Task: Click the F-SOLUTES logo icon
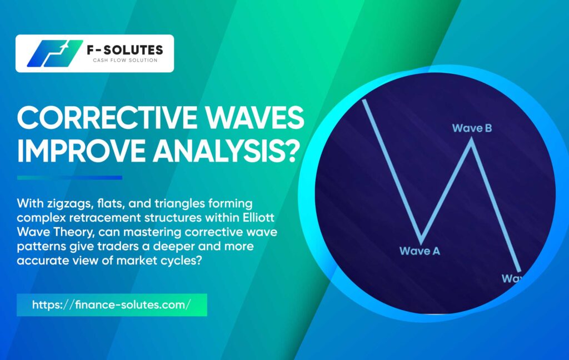point(54,53)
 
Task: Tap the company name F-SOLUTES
point(125,49)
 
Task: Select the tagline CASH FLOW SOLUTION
point(125,60)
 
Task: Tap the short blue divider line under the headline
point(69,177)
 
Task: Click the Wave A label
point(420,251)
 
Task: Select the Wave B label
point(472,128)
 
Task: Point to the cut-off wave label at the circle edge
point(512,278)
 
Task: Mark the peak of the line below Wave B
point(471,139)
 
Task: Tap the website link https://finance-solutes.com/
point(111,304)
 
